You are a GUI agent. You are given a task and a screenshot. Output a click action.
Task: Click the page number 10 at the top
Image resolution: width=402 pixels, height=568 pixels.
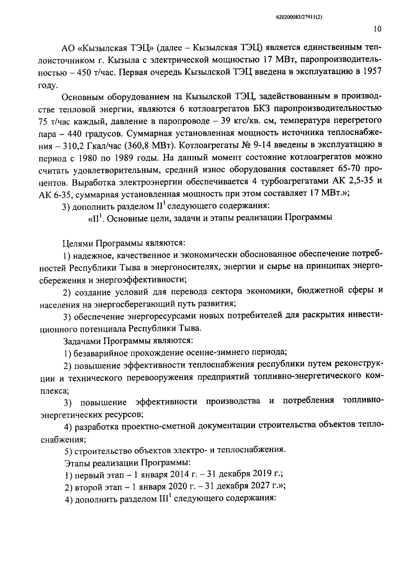coord(377,29)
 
